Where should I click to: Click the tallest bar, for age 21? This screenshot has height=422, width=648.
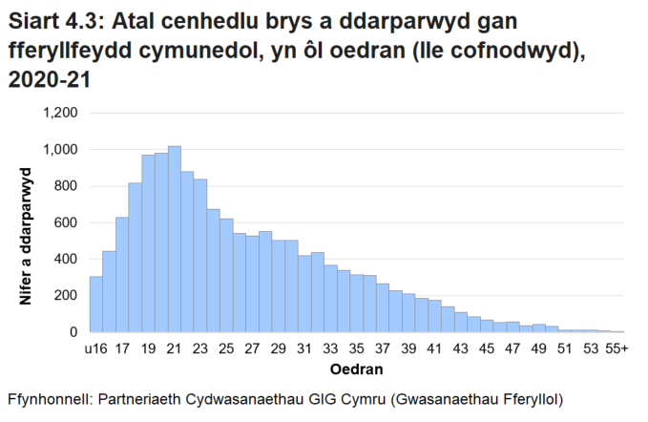tap(174, 239)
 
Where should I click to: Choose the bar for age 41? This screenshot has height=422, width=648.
tap(435, 316)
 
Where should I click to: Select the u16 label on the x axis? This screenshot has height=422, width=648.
tap(95, 348)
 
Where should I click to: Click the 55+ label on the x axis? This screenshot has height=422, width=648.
tap(617, 348)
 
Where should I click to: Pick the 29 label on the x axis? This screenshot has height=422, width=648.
tap(278, 348)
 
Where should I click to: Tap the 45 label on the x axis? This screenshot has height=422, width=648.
tap(487, 348)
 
